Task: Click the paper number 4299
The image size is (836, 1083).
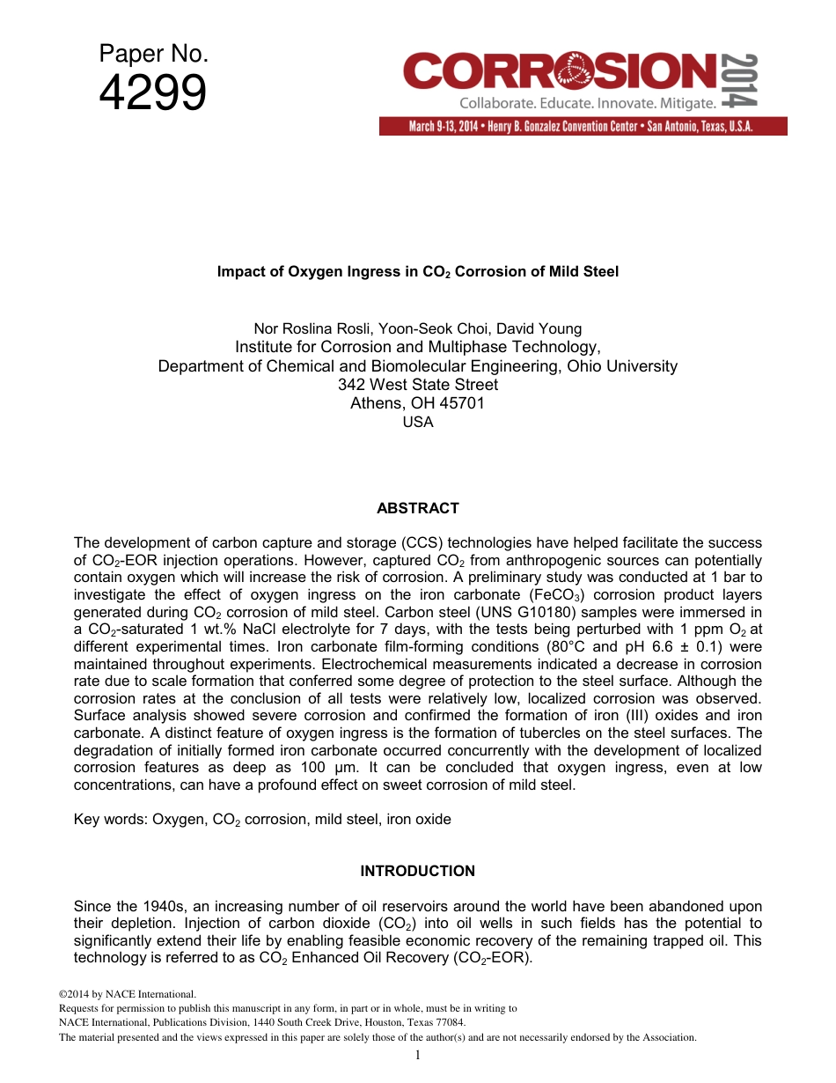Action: point(153,93)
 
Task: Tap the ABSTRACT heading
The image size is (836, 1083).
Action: point(417,508)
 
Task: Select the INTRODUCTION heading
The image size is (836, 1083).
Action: point(417,871)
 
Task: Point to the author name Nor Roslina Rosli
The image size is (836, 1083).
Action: point(307,329)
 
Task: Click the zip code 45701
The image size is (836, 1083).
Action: point(461,403)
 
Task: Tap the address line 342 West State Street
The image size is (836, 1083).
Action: point(417,385)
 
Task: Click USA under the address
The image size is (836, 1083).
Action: point(417,422)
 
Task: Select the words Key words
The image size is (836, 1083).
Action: point(109,819)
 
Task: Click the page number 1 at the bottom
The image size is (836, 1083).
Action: point(418,1054)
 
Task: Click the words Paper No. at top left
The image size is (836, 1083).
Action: point(153,55)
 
